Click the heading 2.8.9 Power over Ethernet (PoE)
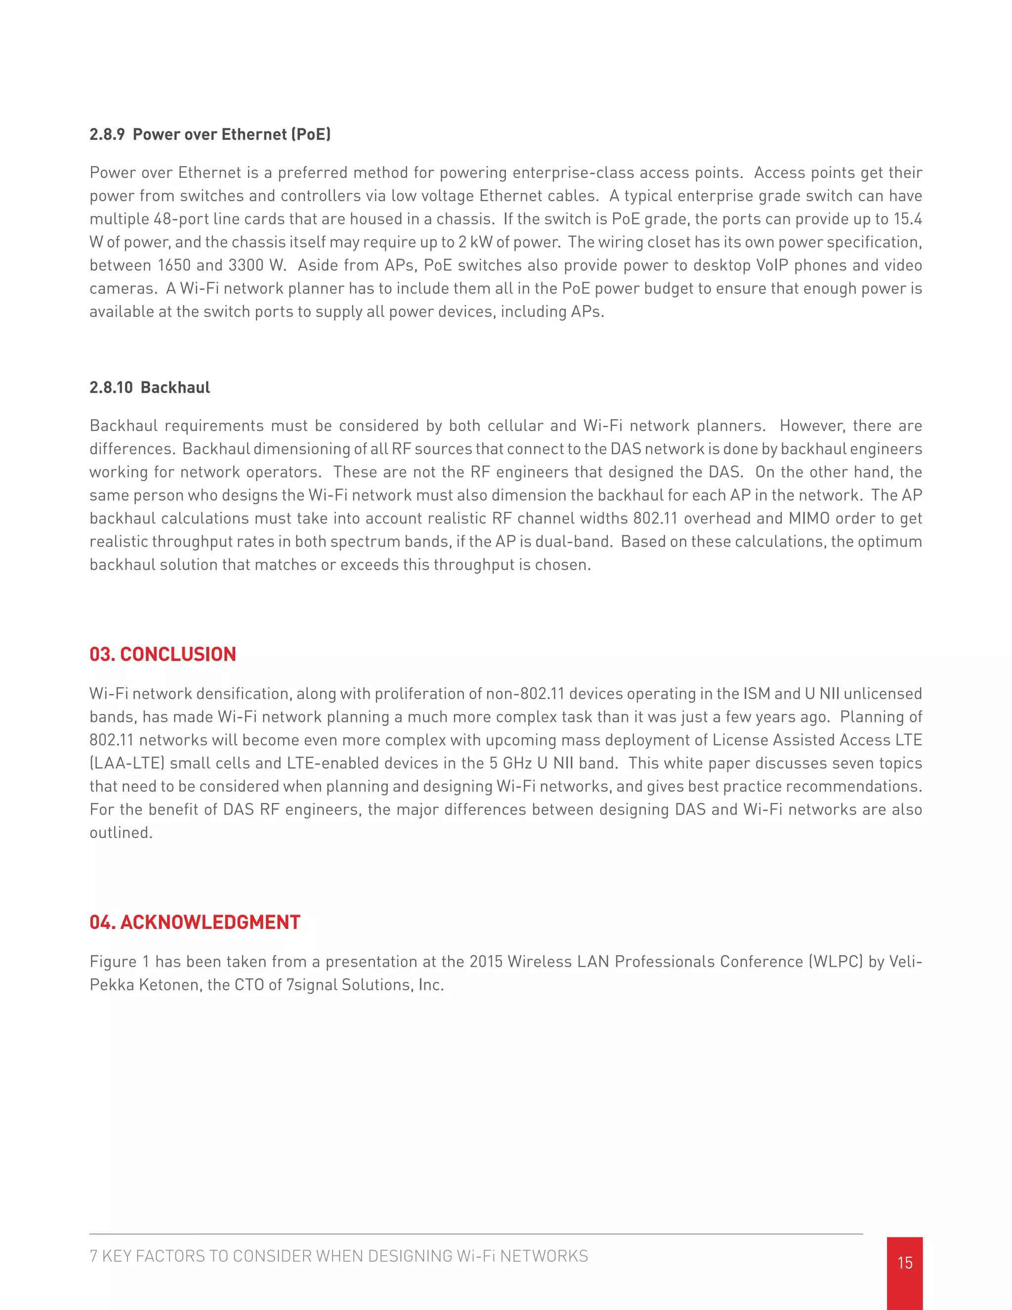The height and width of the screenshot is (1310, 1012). pos(210,134)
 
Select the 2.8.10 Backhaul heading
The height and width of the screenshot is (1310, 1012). pos(150,388)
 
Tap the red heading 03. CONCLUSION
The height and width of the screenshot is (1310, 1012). pos(163,654)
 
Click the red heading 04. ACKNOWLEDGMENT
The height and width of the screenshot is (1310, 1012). pos(195,922)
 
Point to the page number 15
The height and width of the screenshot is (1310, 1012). pos(905,1263)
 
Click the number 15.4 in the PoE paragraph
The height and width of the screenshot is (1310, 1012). pos(908,219)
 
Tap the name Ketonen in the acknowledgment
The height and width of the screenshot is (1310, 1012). pos(169,985)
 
